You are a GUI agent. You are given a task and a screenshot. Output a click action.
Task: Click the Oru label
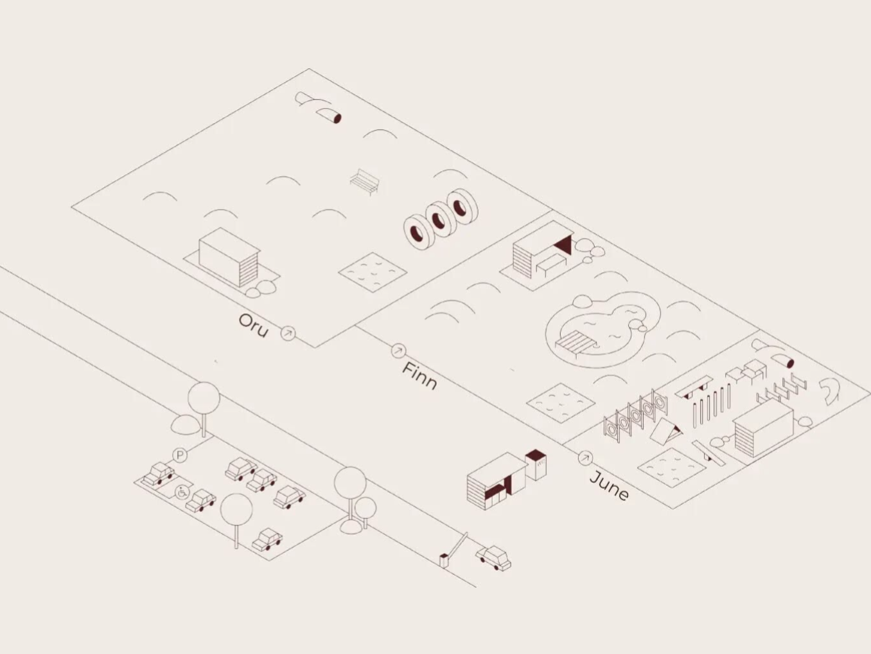click(253, 326)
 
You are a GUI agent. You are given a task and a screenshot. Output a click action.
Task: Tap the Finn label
click(420, 376)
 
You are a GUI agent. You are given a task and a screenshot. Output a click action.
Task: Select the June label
click(609, 486)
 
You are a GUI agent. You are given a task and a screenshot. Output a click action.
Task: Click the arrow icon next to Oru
click(288, 333)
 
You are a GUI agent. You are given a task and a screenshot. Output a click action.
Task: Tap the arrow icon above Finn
click(398, 350)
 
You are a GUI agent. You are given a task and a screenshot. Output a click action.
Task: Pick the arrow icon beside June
click(585, 459)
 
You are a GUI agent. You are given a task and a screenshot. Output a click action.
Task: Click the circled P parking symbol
click(180, 455)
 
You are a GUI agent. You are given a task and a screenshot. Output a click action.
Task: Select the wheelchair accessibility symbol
click(182, 493)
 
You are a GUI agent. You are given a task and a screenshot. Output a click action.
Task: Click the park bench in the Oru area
click(365, 182)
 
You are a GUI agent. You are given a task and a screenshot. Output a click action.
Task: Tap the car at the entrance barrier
click(494, 558)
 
